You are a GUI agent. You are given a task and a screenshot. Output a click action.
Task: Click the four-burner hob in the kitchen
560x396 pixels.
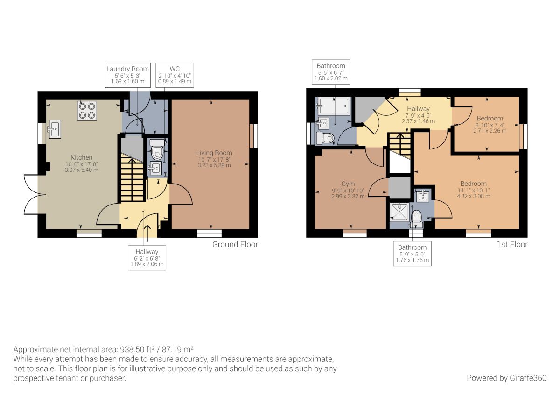tap(87, 111)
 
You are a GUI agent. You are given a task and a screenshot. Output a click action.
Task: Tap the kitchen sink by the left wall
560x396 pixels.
tap(54, 129)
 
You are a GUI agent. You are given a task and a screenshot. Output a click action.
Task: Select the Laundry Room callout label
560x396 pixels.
tap(127, 75)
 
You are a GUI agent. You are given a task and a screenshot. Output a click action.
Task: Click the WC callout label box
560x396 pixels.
tap(175, 75)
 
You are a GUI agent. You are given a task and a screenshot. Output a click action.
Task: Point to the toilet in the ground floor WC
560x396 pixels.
tap(157, 149)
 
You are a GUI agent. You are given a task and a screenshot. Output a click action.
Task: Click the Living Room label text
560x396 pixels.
tap(214, 153)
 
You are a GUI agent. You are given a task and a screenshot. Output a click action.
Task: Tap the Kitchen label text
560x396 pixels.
tap(82, 157)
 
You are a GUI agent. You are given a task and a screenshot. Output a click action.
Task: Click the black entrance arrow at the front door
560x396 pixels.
tap(147, 233)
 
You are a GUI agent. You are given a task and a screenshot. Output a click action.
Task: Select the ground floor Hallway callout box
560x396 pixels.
tap(147, 258)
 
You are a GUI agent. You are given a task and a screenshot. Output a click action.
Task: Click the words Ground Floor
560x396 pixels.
tap(235, 244)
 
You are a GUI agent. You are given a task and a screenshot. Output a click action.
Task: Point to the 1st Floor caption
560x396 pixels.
tap(512, 244)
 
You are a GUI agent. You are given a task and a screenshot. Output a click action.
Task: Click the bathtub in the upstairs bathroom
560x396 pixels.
tap(334, 106)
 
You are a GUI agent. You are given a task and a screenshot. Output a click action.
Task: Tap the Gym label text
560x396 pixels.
tap(348, 184)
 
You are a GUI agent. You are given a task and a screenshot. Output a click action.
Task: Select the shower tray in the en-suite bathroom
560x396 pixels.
tap(399, 212)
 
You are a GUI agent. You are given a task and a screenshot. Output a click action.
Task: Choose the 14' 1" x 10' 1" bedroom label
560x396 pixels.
tap(474, 190)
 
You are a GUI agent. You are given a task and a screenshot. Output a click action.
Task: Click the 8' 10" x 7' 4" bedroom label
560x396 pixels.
tap(490, 125)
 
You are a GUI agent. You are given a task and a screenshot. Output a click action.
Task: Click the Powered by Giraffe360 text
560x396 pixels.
tap(507, 378)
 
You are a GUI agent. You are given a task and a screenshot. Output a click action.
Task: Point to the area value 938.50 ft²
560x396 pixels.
tap(139, 349)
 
